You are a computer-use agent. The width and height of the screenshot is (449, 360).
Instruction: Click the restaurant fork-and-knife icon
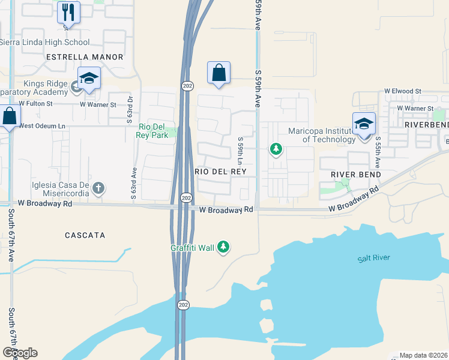pyautogui.click(x=68, y=12)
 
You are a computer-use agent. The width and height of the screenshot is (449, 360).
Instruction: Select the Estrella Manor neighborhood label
pyautogui.click(x=85, y=57)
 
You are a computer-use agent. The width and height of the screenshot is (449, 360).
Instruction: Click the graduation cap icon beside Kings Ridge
pyautogui.click(x=89, y=79)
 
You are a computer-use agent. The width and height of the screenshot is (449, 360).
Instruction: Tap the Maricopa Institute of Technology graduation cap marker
pyautogui.click(x=364, y=124)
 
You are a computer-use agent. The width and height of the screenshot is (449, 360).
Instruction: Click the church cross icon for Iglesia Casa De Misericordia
pyautogui.click(x=99, y=188)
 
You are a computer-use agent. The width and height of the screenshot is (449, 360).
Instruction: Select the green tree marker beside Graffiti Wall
pyautogui.click(x=223, y=247)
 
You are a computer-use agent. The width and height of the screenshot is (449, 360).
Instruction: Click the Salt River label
pyautogui.click(x=373, y=258)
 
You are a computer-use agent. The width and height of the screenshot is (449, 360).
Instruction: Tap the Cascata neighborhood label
pyautogui.click(x=85, y=236)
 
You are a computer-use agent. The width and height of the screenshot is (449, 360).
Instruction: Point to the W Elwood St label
pyautogui.click(x=404, y=92)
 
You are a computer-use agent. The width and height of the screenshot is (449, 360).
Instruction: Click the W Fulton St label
pyautogui.click(x=35, y=104)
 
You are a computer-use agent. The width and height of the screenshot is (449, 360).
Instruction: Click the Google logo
pyautogui.click(x=20, y=353)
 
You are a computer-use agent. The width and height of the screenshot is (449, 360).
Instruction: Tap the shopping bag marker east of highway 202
pyautogui.click(x=219, y=73)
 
